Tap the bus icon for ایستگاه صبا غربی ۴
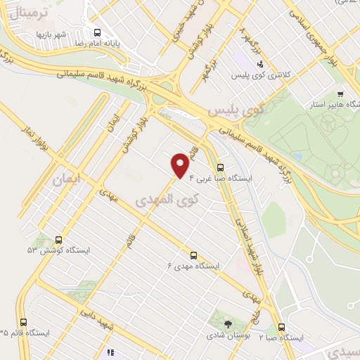point(221,167)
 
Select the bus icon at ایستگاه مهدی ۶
point(193,255)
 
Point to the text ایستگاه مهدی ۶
point(193,266)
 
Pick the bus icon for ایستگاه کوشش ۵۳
point(58,240)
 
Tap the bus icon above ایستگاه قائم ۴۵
point(25,322)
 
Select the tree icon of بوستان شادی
point(228,325)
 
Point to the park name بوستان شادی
point(227,336)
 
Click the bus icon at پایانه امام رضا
point(97,32)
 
